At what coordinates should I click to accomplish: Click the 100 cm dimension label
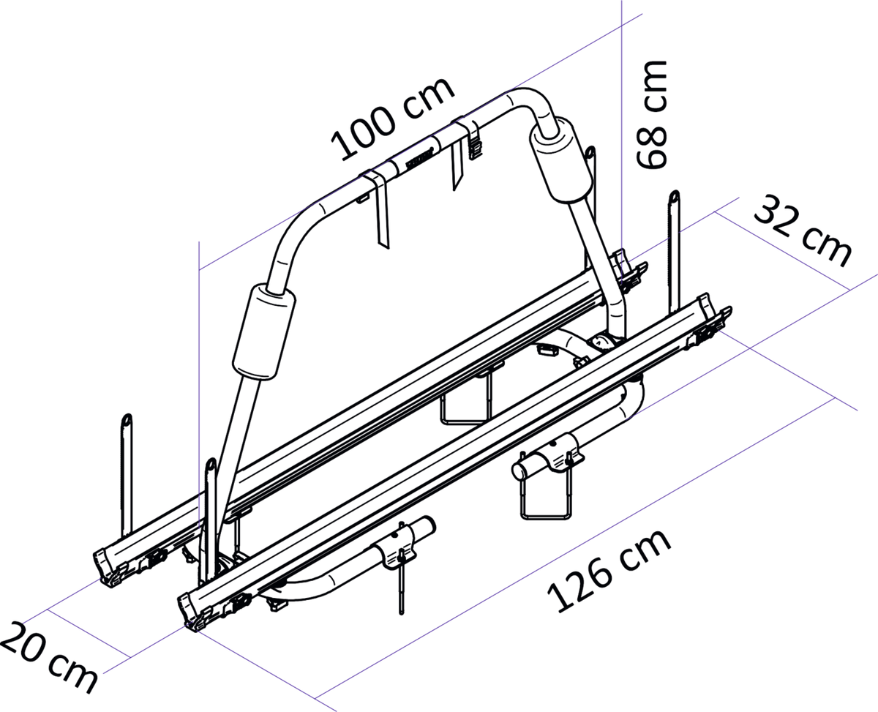click(x=392, y=119)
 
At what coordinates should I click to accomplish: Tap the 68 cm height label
click(x=651, y=114)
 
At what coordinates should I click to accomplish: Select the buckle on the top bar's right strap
click(x=476, y=149)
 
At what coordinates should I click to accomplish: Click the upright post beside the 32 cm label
click(x=674, y=251)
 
